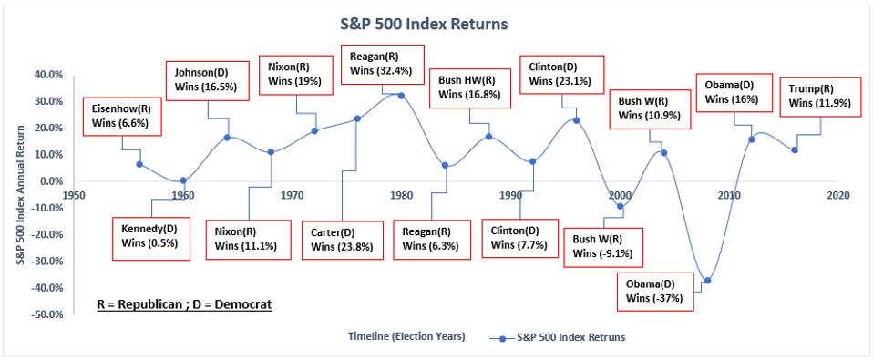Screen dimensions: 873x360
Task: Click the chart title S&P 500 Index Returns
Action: pos(424,25)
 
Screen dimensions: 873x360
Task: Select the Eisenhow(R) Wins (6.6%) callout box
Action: pos(122,116)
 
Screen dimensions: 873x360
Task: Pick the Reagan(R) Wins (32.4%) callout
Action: pos(383,64)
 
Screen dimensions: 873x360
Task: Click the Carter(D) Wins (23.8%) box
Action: pos(343,240)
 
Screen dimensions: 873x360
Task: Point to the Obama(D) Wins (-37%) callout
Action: pos(654,292)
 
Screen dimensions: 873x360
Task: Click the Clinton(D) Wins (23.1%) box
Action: pos(561,74)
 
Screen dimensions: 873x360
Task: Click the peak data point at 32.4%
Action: pos(401,95)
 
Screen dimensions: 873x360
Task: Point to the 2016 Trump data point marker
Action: pos(795,149)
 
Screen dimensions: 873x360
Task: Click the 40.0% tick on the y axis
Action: pos(52,75)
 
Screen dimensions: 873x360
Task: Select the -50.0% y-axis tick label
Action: pos(50,314)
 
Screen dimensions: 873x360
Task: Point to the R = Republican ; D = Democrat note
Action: pos(184,305)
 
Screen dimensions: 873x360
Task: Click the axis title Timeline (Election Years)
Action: pos(406,336)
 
